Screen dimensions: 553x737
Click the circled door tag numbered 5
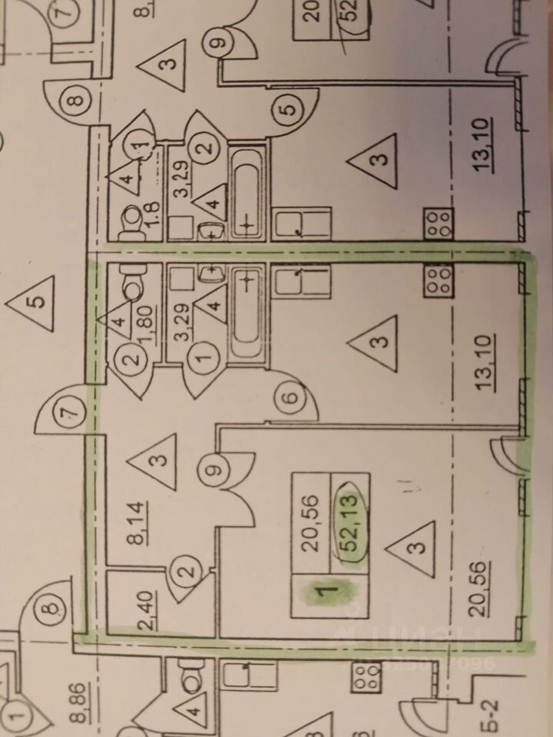click(288, 110)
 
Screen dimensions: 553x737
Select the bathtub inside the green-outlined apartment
click(246, 311)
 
